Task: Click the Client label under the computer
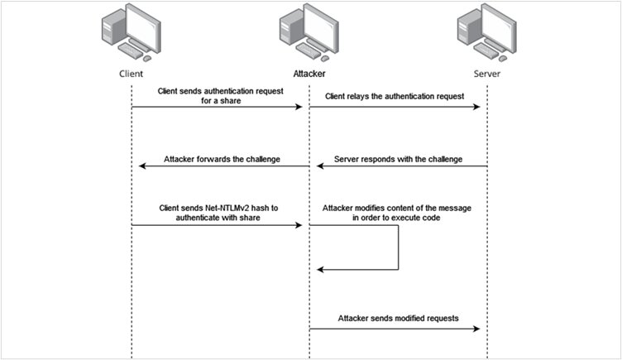tap(132, 73)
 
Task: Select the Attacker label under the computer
tap(309, 73)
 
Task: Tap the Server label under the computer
tap(486, 73)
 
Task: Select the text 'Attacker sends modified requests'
tap(397, 318)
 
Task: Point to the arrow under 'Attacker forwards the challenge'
tap(222, 166)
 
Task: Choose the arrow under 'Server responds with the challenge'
tap(399, 166)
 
